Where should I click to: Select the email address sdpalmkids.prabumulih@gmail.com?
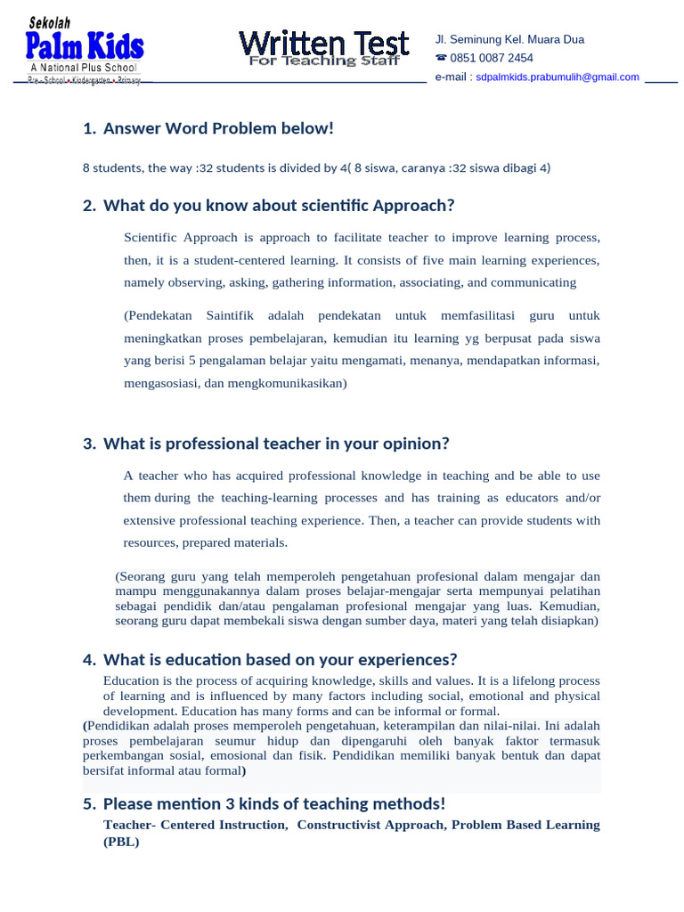pyautogui.click(x=558, y=77)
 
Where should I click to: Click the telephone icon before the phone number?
pyautogui.click(x=440, y=58)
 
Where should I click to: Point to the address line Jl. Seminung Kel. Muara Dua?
pyautogui.click(x=509, y=39)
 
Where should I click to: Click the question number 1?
pyautogui.click(x=87, y=129)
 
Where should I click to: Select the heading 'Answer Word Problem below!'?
pyautogui.click(x=218, y=129)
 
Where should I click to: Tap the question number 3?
pyautogui.click(x=87, y=444)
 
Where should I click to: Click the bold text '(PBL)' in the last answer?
pyautogui.click(x=121, y=842)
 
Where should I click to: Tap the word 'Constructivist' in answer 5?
pyautogui.click(x=339, y=825)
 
